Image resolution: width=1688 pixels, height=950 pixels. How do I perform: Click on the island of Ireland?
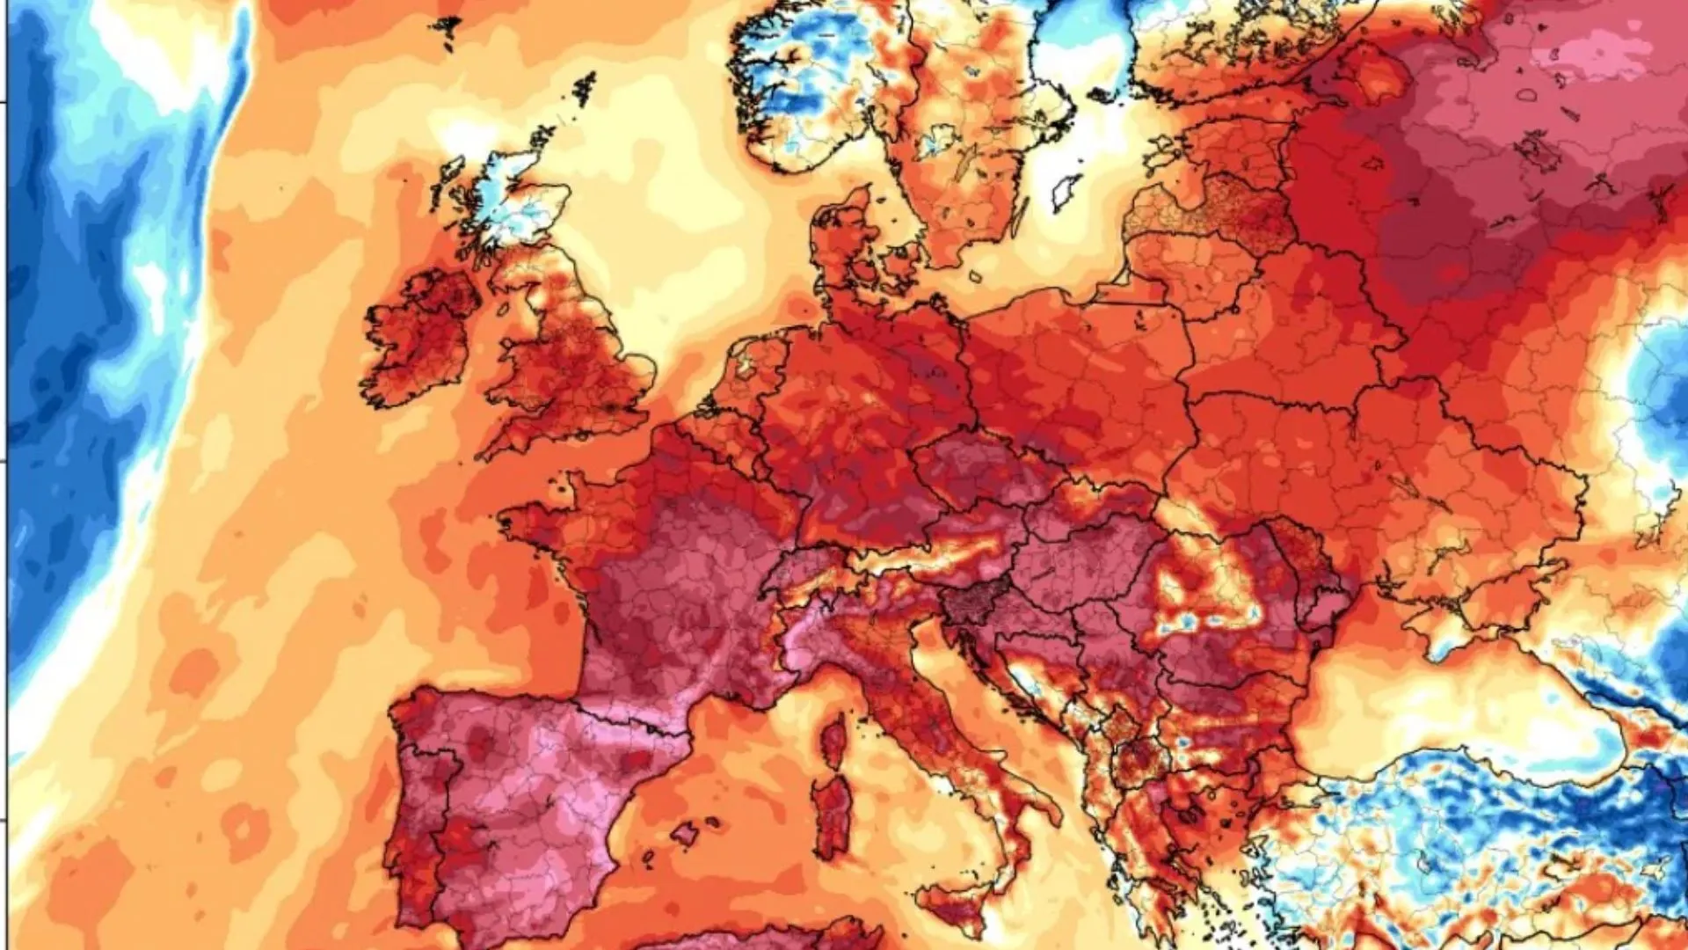pyautogui.click(x=418, y=339)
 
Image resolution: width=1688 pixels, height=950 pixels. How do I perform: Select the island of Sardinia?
pyautogui.click(x=831, y=818)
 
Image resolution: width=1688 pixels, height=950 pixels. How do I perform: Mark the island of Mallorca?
pyautogui.click(x=685, y=831)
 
